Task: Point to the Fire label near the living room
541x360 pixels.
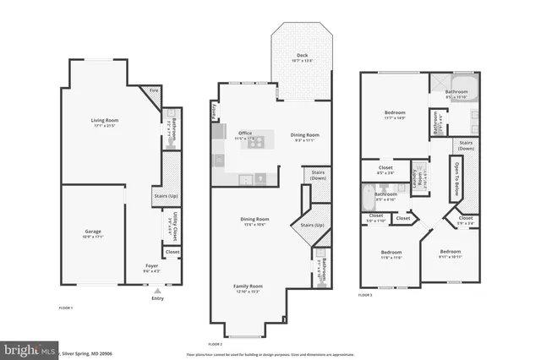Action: point(155,90)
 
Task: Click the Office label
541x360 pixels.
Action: point(245,133)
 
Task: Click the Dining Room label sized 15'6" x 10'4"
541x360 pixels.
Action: point(254,220)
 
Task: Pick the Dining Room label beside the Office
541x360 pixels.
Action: point(305,135)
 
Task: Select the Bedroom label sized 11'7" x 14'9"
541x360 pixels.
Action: point(394,112)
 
